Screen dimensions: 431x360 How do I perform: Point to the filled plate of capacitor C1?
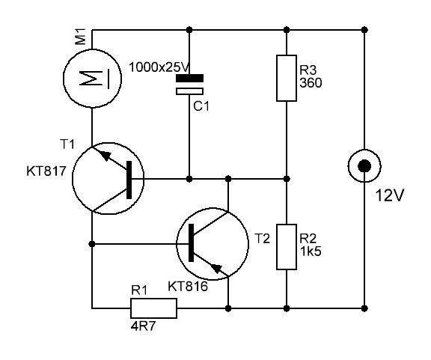coord(189,78)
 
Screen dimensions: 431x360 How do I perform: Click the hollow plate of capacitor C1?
coord(189,91)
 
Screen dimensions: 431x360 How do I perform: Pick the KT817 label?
coord(46,171)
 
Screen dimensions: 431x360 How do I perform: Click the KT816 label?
coord(188,287)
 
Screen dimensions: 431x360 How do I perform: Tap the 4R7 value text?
coord(143,326)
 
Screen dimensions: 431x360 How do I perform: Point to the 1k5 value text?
coord(311,251)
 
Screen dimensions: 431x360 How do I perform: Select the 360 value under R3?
coord(311,83)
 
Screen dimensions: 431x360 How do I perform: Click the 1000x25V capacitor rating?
coord(159,67)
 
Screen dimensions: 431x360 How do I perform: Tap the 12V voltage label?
coord(390,196)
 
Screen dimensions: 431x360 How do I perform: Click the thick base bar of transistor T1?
coord(129,180)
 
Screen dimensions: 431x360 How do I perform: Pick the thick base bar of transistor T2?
coord(192,242)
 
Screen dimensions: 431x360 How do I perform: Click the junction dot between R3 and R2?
coord(287,179)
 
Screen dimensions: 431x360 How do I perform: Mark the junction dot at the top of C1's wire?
coord(189,29)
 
